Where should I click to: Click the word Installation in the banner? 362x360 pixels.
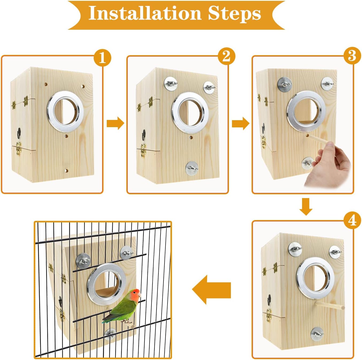point(144,13)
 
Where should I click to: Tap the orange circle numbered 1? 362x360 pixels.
point(102,58)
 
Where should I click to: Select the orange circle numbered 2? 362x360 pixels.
point(226,56)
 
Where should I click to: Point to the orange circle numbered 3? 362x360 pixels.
point(352,56)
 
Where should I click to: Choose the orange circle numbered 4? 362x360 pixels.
point(352,221)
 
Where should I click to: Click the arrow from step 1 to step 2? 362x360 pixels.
point(115,123)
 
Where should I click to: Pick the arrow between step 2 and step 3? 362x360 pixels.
point(240,123)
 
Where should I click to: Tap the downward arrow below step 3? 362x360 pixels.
point(306,206)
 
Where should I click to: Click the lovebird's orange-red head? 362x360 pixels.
point(135,294)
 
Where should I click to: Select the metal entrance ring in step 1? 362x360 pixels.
point(66,111)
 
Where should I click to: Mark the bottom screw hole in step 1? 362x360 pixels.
point(66,170)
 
